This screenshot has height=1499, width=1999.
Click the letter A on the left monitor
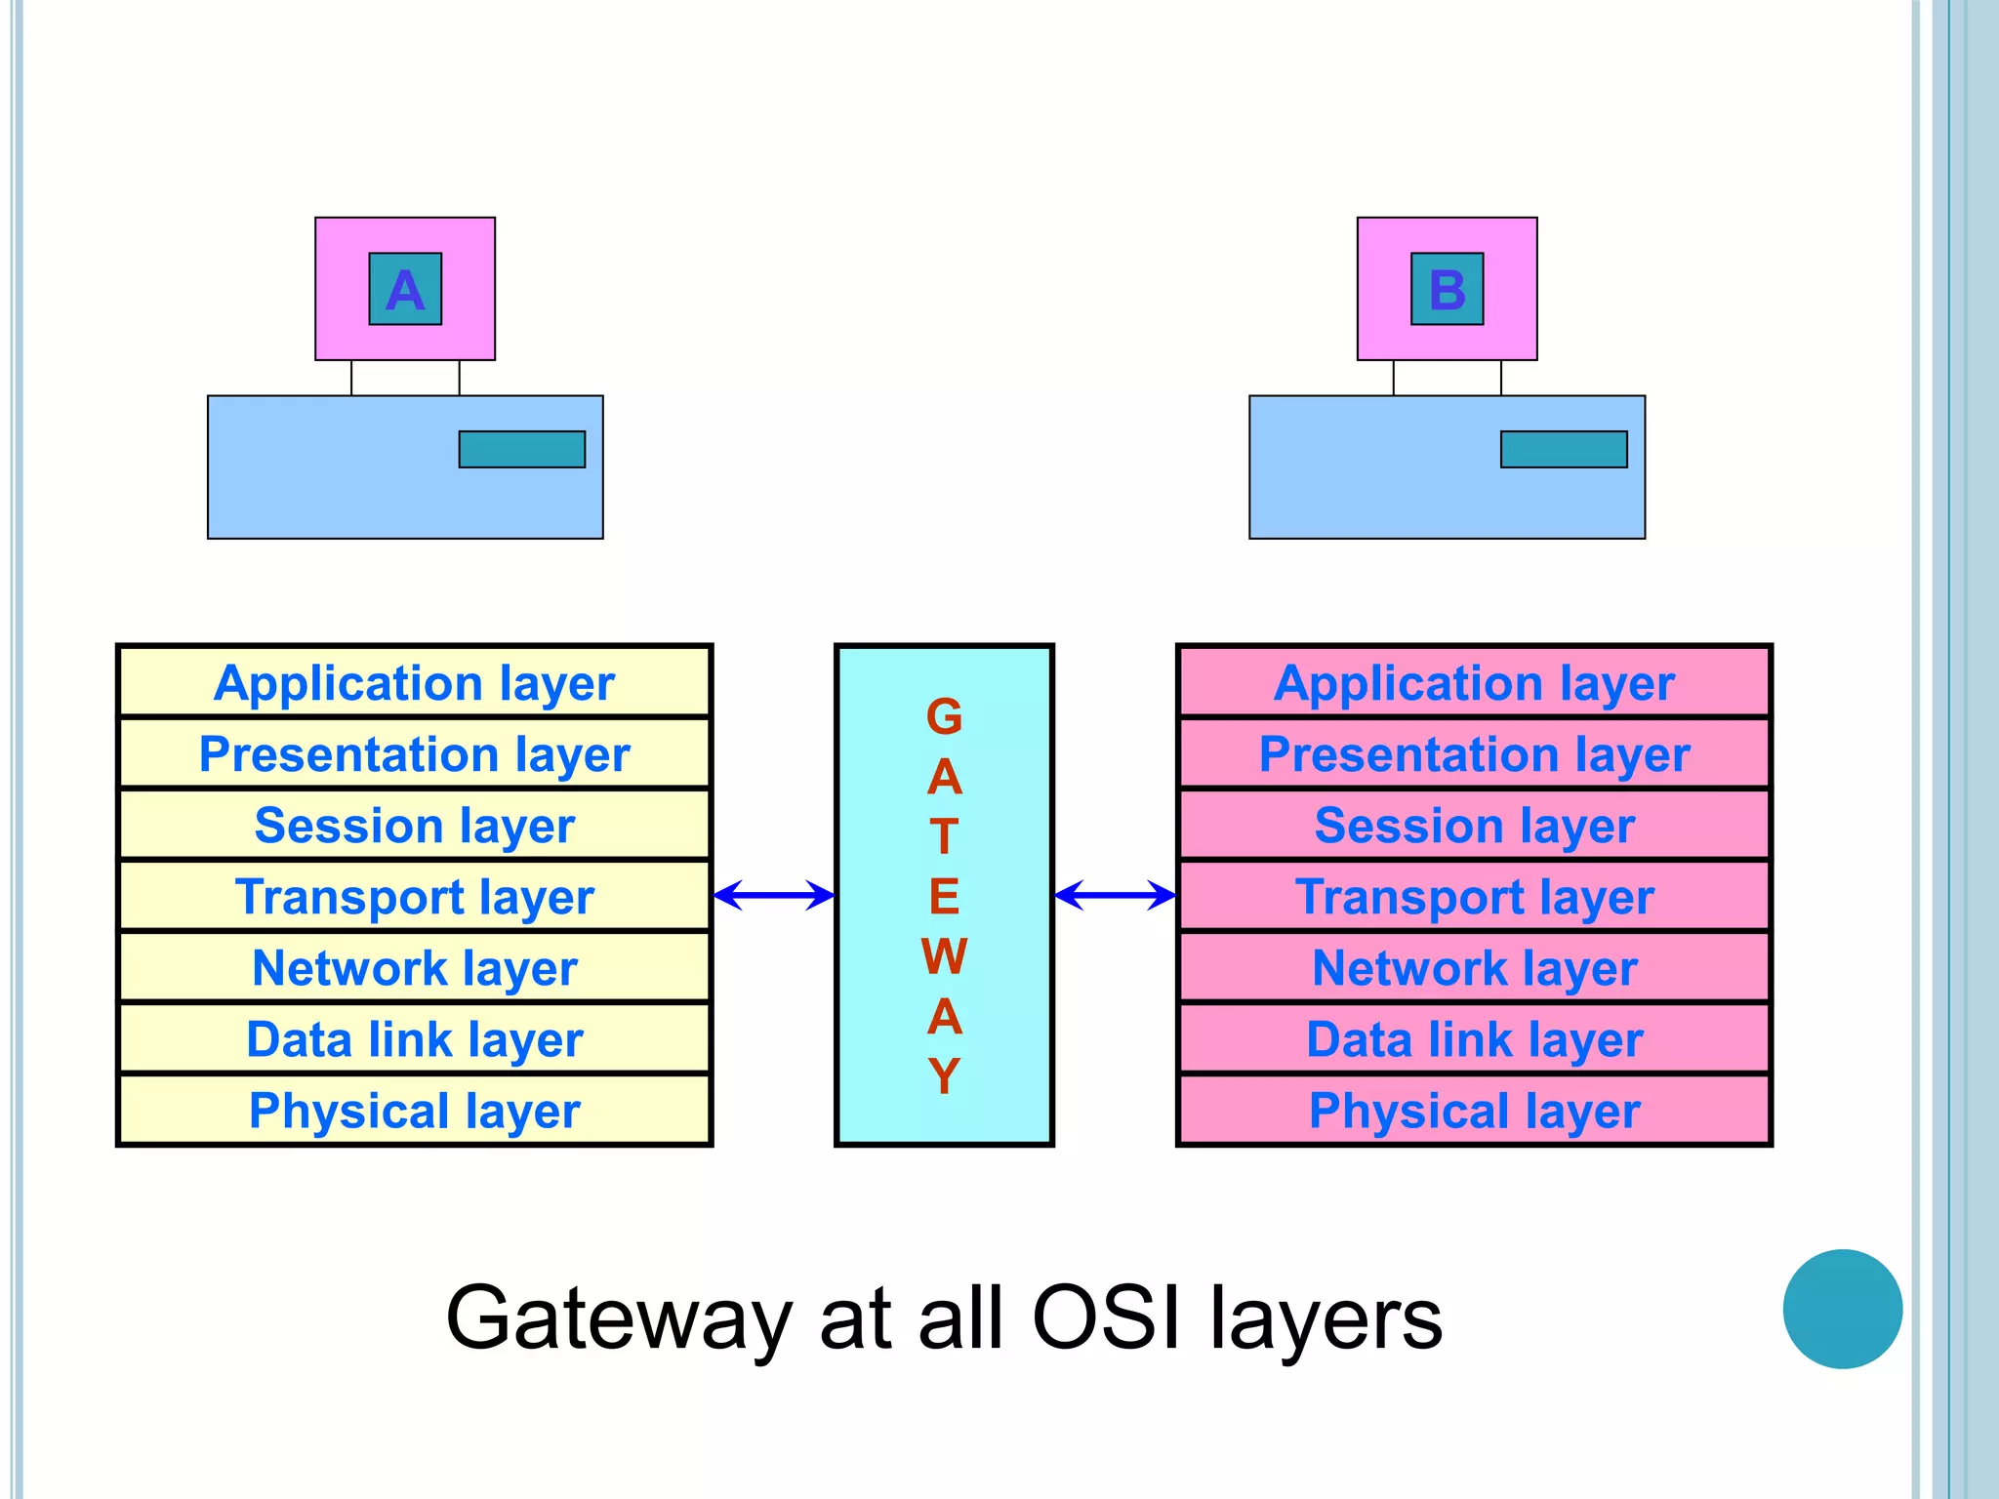(405, 290)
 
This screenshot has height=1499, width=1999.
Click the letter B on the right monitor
(1447, 290)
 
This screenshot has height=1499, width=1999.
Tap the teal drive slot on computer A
(522, 450)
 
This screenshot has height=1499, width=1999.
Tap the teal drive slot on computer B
(1564, 450)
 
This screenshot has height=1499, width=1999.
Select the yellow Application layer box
(415, 682)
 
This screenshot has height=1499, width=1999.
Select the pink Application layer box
(1474, 682)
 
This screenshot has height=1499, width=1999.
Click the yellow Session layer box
(415, 825)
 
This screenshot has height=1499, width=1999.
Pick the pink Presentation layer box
(1474, 753)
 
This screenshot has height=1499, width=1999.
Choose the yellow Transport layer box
(415, 896)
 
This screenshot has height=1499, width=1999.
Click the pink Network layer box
(1474, 967)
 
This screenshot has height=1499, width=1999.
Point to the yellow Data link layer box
(415, 1038)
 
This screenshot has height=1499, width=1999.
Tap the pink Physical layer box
(1474, 1111)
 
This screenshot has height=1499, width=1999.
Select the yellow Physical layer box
(415, 1111)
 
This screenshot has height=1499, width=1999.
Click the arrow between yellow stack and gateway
(774, 895)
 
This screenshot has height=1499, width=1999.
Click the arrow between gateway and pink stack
(1115, 895)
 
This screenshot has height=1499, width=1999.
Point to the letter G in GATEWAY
(944, 717)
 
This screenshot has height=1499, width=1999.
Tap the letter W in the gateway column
(944, 956)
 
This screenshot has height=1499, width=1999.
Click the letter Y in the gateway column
(944, 1075)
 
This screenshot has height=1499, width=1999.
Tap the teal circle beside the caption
(1842, 1309)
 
